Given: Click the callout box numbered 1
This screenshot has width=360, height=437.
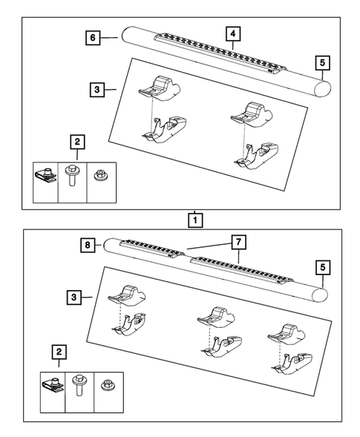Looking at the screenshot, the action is [x=195, y=220].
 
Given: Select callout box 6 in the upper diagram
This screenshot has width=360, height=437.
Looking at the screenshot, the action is [x=93, y=37].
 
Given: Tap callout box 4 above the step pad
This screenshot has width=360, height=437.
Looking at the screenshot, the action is [x=233, y=33].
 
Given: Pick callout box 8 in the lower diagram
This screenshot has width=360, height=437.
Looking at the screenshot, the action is [x=88, y=245].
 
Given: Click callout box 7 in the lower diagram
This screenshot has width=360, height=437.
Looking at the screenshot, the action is [x=238, y=242].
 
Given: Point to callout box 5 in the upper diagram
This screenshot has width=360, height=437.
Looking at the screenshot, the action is [x=323, y=63].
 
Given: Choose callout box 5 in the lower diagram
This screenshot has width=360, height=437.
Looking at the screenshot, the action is [x=323, y=267].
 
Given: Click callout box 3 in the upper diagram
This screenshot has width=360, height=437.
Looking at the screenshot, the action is [x=97, y=90].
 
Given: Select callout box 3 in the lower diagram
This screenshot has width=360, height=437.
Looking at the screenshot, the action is [x=74, y=297].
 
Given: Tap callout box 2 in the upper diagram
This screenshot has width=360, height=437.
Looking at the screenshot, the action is [x=77, y=142].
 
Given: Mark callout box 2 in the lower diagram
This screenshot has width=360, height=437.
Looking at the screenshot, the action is [x=59, y=352].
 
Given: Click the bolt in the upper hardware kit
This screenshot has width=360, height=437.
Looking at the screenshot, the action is [x=72, y=175].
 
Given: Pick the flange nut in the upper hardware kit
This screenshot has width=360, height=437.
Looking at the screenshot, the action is [x=101, y=176].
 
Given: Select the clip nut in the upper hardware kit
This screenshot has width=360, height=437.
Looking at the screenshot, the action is [x=46, y=175].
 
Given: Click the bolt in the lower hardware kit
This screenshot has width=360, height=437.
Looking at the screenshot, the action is [x=79, y=385].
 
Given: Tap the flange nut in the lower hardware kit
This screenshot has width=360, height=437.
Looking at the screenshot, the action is [x=108, y=385].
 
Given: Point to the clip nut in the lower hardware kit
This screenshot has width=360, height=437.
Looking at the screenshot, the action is [x=53, y=384].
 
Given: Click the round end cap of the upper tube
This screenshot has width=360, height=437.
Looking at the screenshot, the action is [x=322, y=88].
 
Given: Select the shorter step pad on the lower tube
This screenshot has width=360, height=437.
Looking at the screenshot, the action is [x=152, y=248].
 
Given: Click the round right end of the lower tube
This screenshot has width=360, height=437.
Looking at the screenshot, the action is [x=320, y=295].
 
